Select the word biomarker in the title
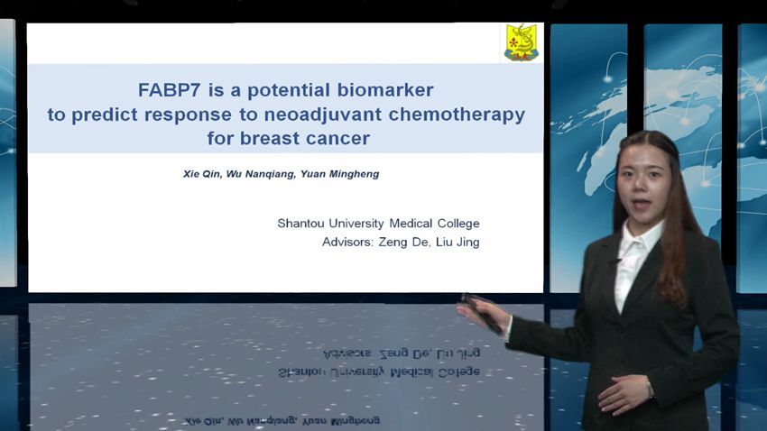(385, 90)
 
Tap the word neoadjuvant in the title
(323, 115)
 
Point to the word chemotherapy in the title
(457, 115)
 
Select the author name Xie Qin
(201, 174)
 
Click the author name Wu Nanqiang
(260, 174)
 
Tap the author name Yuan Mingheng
(339, 174)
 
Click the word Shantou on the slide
(300, 224)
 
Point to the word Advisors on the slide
(347, 242)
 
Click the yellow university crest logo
(522, 42)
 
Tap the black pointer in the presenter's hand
(482, 314)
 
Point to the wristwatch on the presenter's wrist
(649, 389)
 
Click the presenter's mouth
(642, 204)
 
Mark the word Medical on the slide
(411, 224)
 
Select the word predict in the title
(104, 115)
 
